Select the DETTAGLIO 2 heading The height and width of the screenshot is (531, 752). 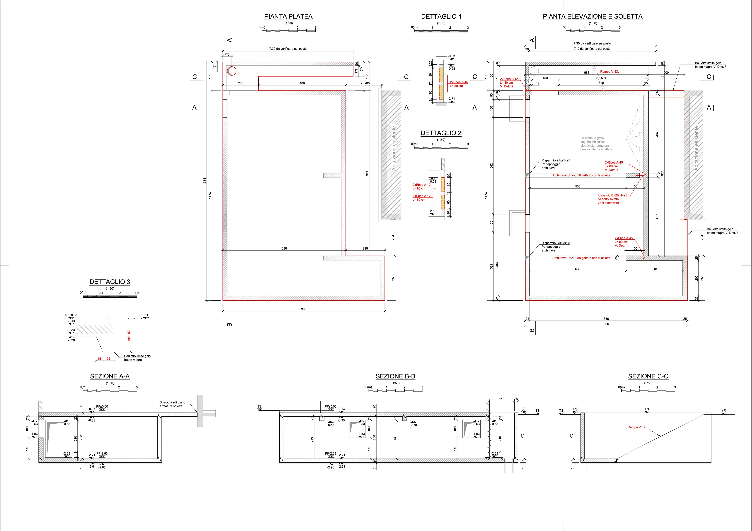pos(441,133)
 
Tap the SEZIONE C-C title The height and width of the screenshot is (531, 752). pos(648,377)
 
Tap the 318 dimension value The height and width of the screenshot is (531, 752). pos(654,269)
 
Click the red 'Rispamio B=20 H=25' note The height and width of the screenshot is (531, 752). pos(612,195)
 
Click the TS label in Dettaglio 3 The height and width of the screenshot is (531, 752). pos(146,316)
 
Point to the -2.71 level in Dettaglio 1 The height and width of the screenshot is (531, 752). pos(451,99)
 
